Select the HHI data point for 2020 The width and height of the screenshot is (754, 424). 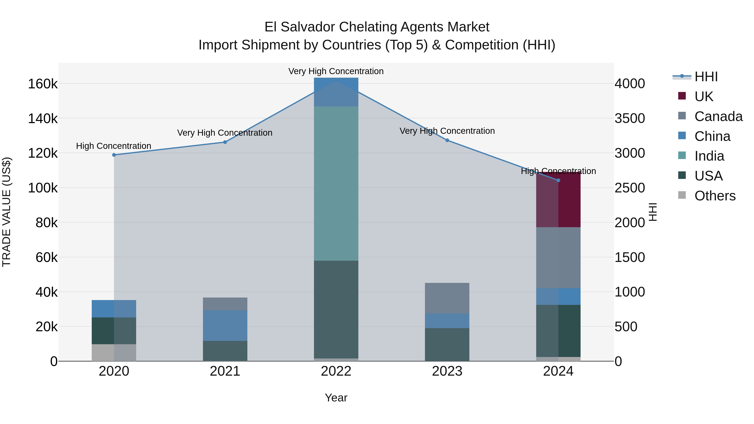114,155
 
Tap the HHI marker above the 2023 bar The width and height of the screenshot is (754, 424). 447,140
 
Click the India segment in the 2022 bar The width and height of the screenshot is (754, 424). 336,183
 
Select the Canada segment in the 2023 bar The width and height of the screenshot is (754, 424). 447,298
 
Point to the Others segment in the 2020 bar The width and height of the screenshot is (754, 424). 114,352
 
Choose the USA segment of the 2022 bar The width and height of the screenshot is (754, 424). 336,309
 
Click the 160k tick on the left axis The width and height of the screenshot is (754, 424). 43,84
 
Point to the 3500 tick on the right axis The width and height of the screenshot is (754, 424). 630,119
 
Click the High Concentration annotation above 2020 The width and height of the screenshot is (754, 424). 114,146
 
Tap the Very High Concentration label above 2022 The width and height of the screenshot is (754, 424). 336,71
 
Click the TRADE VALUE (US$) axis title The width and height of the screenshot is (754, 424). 6,212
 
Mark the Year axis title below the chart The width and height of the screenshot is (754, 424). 336,398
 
